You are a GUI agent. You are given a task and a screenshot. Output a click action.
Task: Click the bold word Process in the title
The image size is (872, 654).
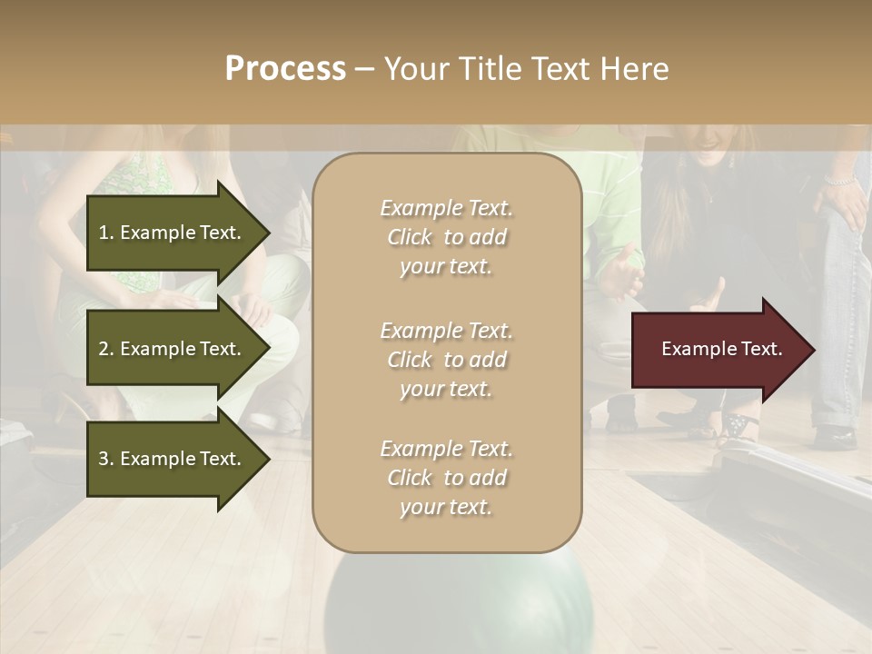285,69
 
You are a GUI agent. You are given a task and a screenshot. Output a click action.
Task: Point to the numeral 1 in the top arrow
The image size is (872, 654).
104,233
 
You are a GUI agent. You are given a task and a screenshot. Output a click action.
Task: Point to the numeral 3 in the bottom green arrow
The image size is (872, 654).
104,459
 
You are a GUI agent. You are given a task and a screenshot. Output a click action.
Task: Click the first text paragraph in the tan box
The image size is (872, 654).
446,237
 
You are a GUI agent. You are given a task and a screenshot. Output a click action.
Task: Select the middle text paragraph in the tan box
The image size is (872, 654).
446,360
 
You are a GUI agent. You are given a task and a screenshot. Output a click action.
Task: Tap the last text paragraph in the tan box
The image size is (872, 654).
446,478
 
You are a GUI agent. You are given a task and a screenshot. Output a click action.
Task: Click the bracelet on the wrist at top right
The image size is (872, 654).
841,182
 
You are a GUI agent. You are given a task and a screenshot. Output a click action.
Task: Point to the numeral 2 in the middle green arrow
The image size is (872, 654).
104,349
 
